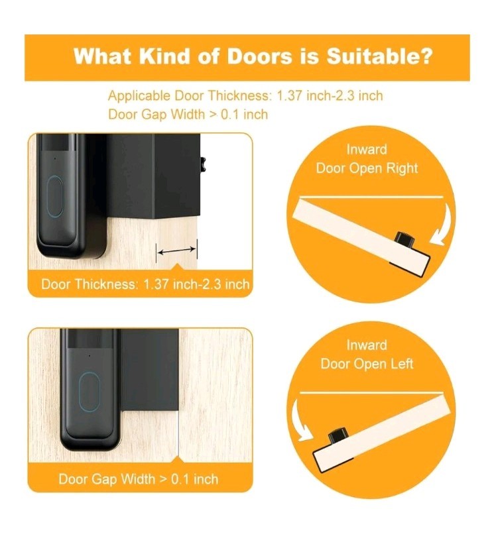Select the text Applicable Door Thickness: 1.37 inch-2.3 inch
coord(245,95)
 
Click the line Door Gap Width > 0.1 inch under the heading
coord(188,114)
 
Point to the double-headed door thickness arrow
coord(177,250)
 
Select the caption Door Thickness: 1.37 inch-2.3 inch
coord(145,284)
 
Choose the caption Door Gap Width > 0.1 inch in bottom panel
coord(138,478)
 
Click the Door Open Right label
coord(367,168)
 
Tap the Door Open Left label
coord(367,363)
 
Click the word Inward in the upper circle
coord(367,150)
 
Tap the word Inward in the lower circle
coord(366,345)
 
